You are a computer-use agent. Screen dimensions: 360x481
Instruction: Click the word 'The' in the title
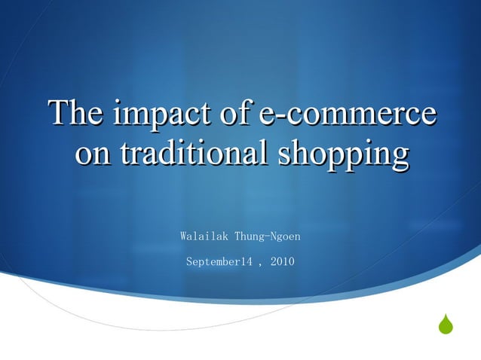click(x=75, y=114)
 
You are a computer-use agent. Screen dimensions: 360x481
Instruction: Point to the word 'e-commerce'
click(x=346, y=114)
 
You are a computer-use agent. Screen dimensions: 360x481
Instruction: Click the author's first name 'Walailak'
click(x=204, y=236)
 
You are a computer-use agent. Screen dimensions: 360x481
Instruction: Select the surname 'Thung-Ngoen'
click(x=268, y=236)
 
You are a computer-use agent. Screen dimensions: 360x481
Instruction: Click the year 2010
click(x=283, y=262)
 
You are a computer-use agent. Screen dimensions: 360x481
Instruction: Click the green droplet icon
click(x=446, y=325)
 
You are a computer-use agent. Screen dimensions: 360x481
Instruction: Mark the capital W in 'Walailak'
click(x=183, y=236)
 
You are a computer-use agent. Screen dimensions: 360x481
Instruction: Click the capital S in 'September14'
click(x=188, y=262)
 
